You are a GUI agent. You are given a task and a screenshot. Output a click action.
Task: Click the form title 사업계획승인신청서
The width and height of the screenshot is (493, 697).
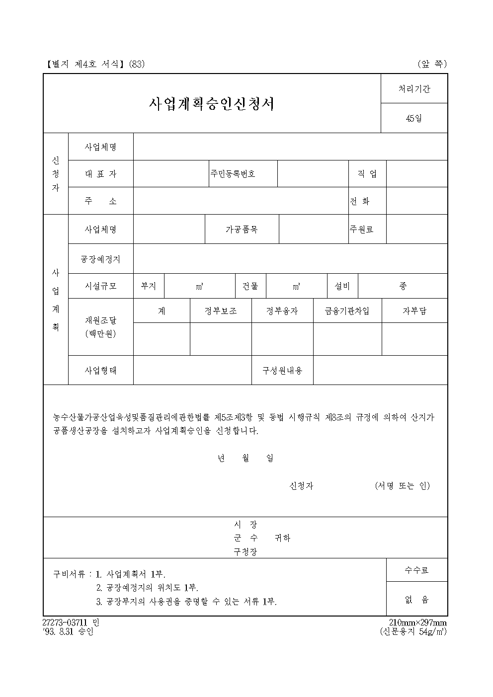point(212,103)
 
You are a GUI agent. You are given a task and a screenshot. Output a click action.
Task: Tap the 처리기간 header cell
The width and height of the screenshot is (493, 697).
point(414,89)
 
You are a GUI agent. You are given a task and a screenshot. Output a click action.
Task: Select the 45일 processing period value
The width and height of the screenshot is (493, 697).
point(413,118)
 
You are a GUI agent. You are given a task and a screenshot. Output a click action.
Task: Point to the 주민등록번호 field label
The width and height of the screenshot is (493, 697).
point(233,174)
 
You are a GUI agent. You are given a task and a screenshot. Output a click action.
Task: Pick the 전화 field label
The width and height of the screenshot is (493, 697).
point(360,201)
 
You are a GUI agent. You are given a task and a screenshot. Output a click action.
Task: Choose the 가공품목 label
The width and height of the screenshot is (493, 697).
point(242,230)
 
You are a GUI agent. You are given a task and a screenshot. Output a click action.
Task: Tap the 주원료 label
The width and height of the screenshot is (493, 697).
point(361,230)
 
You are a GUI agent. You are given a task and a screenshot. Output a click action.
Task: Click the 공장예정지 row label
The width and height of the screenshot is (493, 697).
point(100,259)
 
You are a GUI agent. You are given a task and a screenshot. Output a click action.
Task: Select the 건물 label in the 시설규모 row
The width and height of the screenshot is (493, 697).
point(250,286)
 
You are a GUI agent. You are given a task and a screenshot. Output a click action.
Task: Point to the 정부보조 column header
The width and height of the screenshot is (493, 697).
point(221,311)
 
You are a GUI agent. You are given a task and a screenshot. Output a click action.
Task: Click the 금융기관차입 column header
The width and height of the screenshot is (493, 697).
point(347,311)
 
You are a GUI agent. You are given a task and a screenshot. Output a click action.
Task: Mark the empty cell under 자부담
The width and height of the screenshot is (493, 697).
point(414,339)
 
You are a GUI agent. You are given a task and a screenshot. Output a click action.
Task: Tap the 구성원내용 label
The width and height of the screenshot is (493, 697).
point(282,370)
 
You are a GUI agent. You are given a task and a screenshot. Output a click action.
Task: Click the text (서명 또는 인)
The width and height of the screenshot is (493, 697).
point(402,486)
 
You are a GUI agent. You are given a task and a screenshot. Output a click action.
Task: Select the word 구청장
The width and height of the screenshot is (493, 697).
point(246,552)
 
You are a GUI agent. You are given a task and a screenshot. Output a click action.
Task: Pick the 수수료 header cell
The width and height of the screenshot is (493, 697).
point(416,570)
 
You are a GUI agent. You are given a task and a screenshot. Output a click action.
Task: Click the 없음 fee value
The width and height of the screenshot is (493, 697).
point(416,600)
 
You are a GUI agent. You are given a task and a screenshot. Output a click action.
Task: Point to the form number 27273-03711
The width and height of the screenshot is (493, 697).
point(66,623)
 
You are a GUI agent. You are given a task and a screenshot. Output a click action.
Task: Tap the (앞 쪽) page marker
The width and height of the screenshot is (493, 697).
point(432,64)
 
